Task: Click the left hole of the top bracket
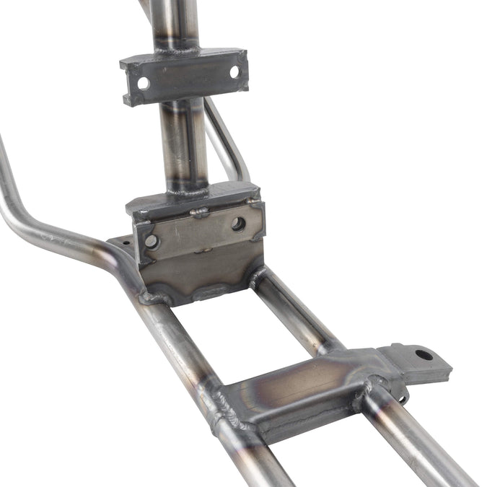144,83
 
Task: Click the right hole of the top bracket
234,72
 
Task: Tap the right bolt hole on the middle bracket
238,224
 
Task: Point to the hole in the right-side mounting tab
424,354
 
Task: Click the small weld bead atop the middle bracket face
200,213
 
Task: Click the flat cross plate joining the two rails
296,390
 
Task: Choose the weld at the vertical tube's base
186,190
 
